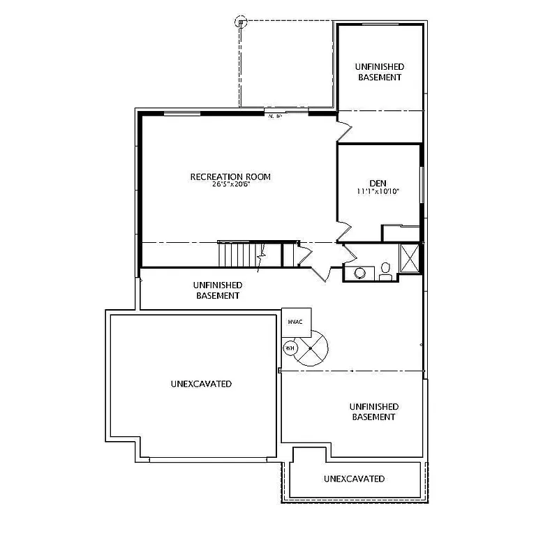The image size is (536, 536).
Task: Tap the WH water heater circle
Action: point(289,347)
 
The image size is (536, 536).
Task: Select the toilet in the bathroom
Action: point(385,272)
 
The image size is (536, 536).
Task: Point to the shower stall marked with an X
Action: point(410,258)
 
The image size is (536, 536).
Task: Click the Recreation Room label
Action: point(230,177)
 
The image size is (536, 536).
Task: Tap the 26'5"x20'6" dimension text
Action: point(230,185)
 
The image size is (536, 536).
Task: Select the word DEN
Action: point(378,183)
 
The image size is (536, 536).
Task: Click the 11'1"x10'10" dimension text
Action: point(378,191)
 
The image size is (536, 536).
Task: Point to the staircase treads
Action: point(237,254)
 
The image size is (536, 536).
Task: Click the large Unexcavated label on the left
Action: point(201,384)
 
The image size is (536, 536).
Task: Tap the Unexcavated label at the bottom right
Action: point(354,479)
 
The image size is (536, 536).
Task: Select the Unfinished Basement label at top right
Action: point(380,72)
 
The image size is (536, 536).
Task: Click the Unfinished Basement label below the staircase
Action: point(217,290)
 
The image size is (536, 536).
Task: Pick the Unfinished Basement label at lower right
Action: point(373,411)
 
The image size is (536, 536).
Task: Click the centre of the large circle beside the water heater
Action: point(311,348)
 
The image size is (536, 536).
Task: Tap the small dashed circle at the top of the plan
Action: point(241,21)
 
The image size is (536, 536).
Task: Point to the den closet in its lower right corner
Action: point(401,233)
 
